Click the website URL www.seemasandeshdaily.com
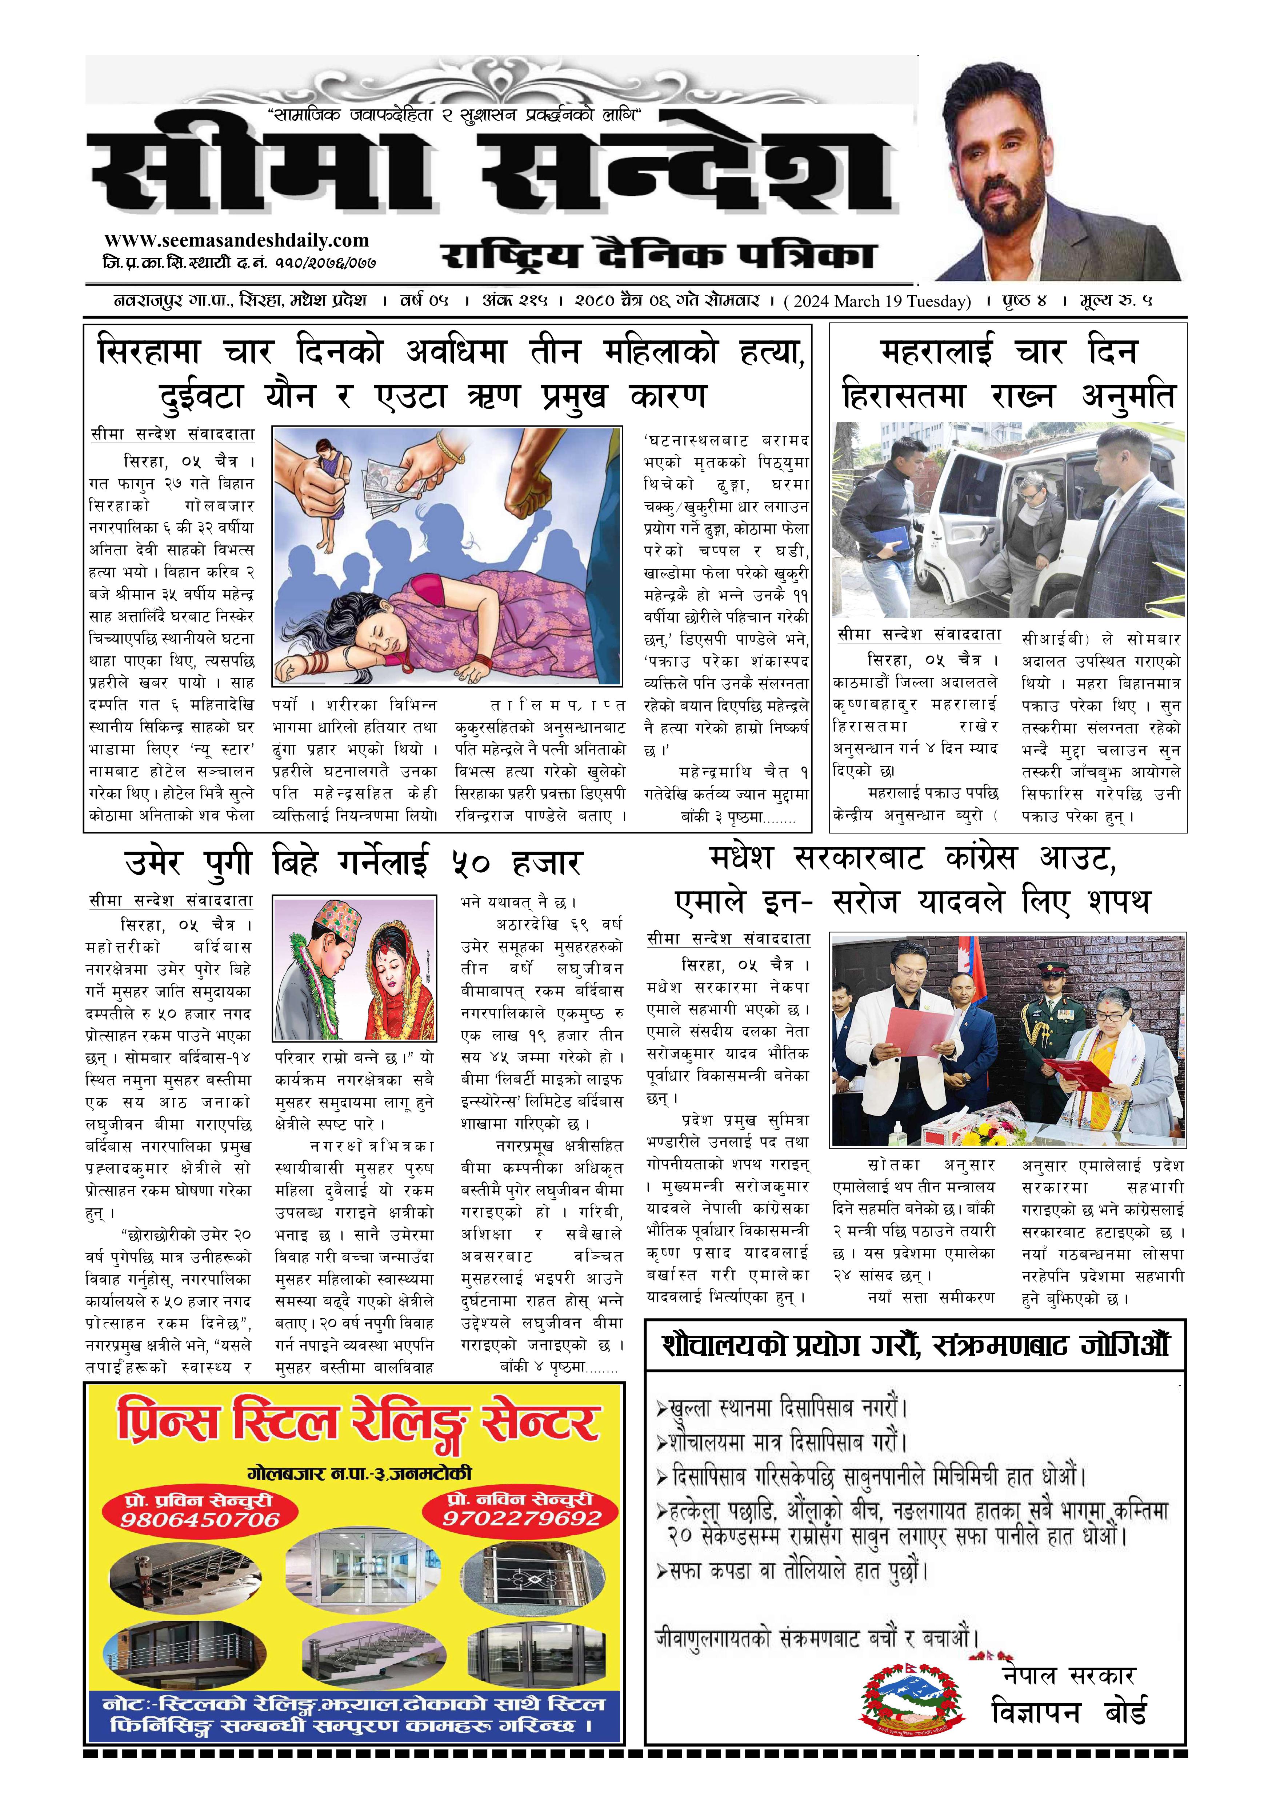236,240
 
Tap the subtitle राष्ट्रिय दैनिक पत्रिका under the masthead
659,256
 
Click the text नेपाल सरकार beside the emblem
1069,1676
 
